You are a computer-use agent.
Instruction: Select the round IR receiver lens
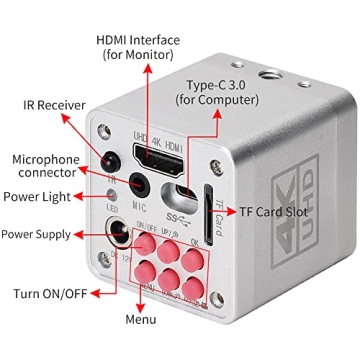tap(114, 158)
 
